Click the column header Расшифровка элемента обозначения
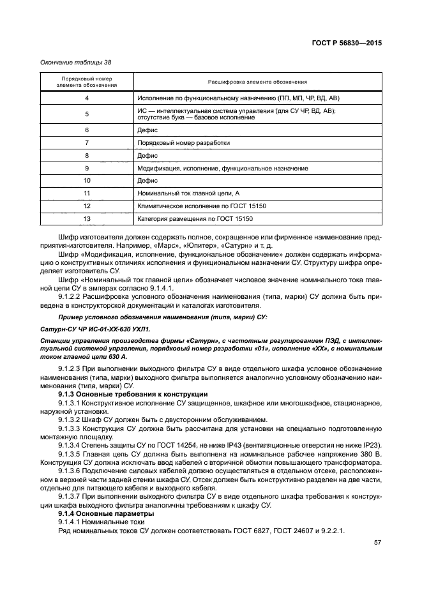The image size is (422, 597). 257,82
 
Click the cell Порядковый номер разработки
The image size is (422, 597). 183,142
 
